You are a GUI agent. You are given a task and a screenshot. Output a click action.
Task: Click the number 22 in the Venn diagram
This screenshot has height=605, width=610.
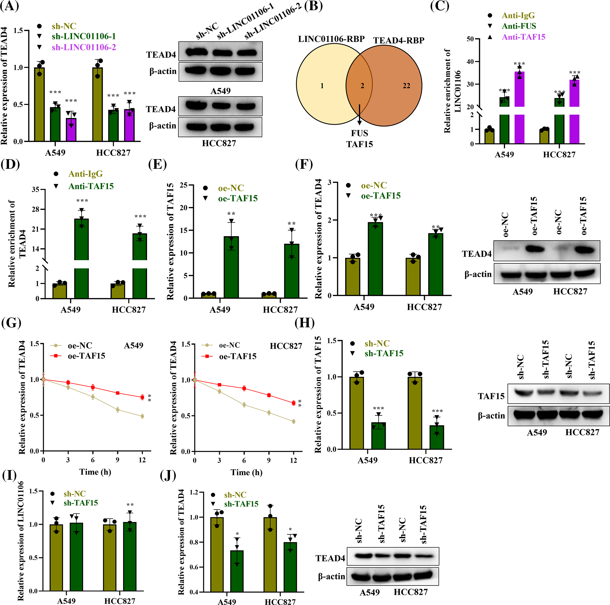tap(406, 86)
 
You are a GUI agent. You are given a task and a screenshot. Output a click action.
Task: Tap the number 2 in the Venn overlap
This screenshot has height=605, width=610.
tap(362, 86)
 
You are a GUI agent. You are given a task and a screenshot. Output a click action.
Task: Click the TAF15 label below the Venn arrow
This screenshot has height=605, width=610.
tap(359, 144)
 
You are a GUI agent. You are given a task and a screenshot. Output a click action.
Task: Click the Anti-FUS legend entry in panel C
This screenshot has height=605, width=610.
tap(519, 26)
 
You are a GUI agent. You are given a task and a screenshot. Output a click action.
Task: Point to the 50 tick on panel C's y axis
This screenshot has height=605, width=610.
tap(470, 39)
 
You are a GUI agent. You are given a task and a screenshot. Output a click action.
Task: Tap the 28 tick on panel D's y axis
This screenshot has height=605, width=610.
tap(36, 209)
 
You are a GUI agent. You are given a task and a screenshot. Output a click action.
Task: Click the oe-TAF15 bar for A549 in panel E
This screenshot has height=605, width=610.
tap(232, 267)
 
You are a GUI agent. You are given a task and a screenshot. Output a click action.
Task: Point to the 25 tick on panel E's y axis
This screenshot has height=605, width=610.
tap(184, 185)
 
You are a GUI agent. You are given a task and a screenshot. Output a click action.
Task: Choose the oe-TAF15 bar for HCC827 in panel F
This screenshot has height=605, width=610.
tap(436, 264)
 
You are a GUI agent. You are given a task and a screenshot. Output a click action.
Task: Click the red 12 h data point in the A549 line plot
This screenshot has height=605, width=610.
tap(142, 397)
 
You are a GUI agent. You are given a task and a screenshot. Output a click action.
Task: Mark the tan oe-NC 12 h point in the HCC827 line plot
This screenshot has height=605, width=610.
tap(294, 421)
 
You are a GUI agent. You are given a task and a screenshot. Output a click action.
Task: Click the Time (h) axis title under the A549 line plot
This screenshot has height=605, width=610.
tap(95, 472)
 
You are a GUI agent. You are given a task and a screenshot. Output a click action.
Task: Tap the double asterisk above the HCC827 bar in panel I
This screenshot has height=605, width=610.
tap(130, 505)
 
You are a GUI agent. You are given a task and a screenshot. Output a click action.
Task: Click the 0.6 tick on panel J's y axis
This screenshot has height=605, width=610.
tap(194, 567)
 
